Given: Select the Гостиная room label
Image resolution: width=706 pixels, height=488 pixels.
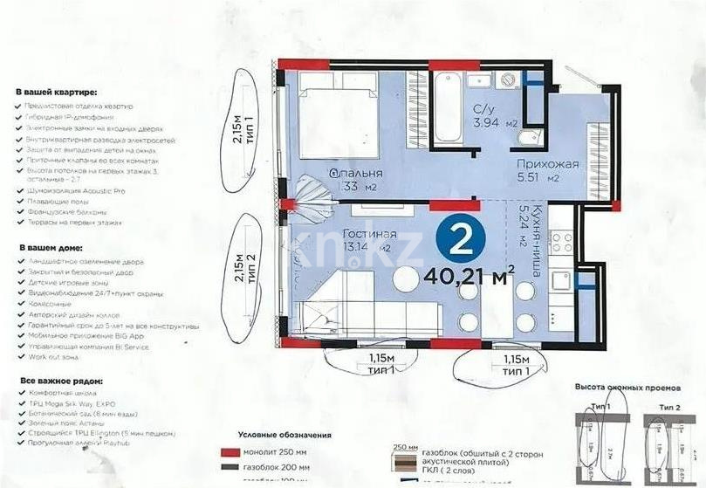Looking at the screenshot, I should (x=370, y=234).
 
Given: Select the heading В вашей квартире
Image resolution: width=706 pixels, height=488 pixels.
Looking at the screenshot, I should (x=57, y=92).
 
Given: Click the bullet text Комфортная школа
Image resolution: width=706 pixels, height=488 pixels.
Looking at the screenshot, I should (x=62, y=394).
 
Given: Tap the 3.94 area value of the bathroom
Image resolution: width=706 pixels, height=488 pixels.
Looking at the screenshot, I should (x=483, y=123).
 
